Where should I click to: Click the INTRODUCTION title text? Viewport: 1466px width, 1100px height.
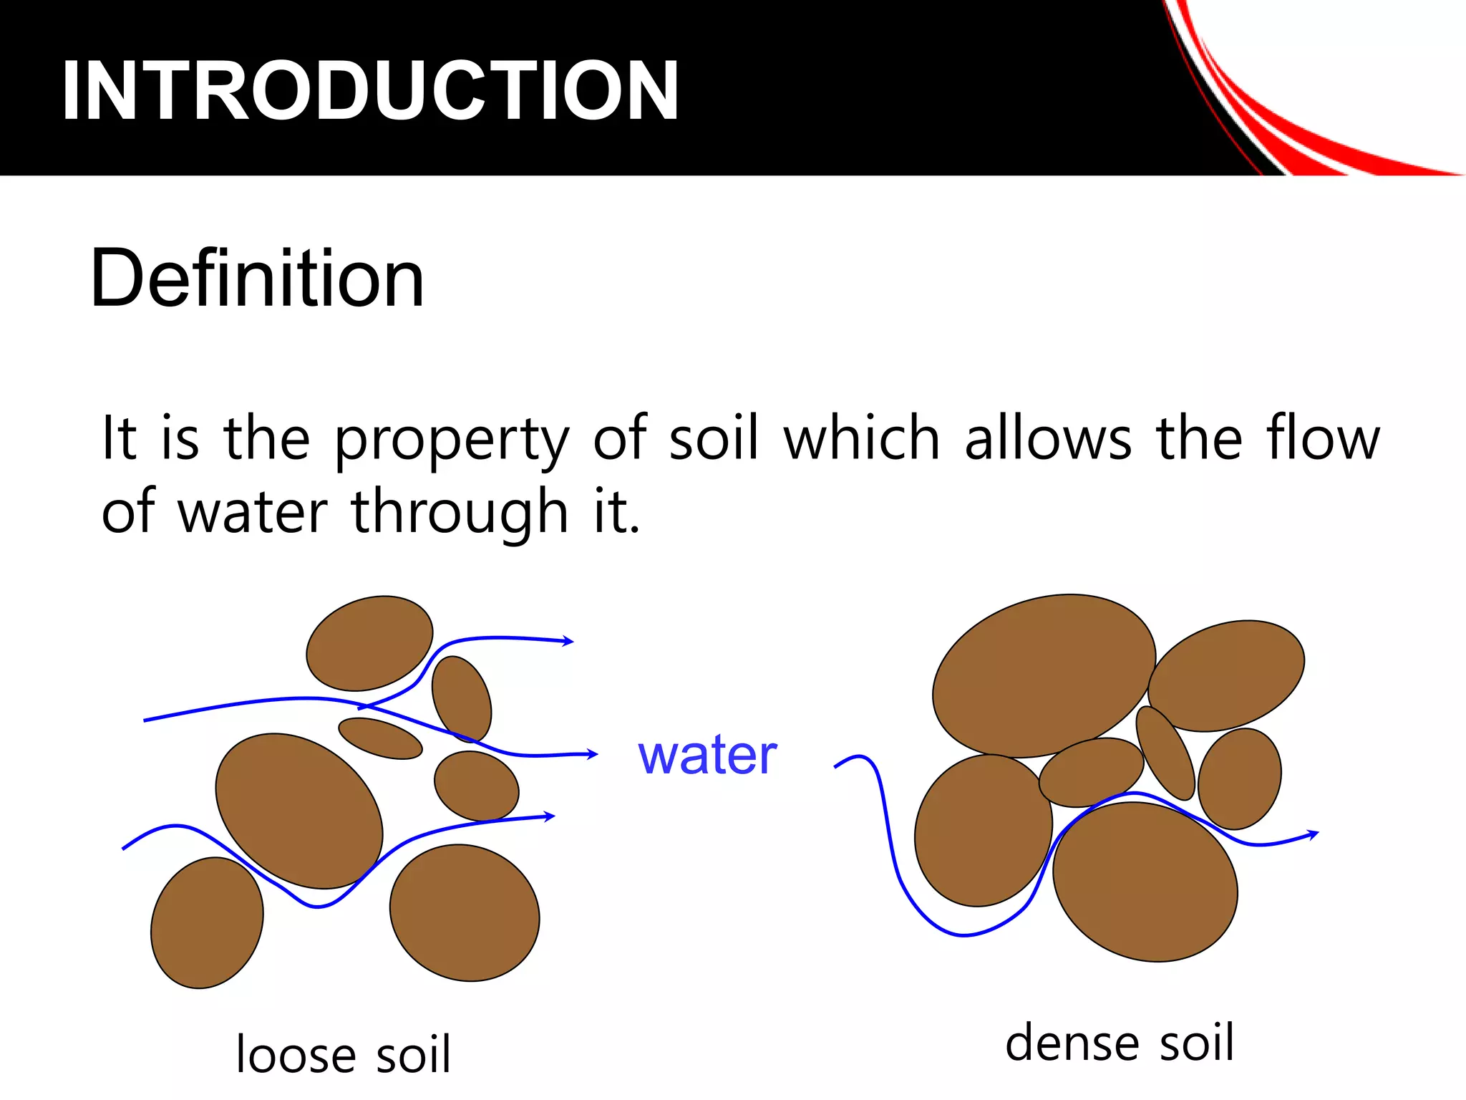point(370,91)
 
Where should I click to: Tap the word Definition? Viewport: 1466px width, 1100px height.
point(257,279)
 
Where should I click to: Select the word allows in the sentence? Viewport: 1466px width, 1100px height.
point(1049,438)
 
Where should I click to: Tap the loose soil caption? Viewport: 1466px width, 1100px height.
point(344,1054)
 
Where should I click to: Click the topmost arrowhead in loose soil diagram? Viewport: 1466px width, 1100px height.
point(568,641)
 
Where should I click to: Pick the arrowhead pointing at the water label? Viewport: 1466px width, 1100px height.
point(592,753)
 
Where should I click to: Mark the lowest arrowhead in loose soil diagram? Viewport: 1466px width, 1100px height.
point(549,816)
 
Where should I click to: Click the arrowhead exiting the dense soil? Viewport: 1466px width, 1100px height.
point(1313,834)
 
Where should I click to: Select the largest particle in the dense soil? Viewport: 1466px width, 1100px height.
point(1044,675)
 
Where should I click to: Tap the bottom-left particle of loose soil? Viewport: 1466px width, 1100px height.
point(207,923)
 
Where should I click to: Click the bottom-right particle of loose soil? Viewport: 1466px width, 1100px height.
point(465,913)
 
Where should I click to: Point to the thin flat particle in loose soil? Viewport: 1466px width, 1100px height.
point(380,738)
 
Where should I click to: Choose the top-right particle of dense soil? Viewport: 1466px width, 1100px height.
point(1226,675)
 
